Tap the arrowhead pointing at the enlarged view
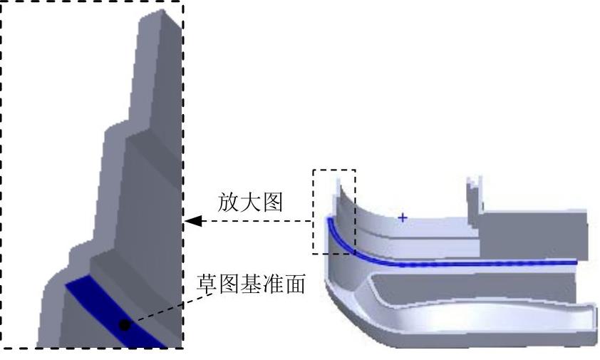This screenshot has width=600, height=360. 192,222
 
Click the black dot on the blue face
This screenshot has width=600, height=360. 125,324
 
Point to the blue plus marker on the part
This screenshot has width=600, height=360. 403,217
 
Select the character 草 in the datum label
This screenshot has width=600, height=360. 207,285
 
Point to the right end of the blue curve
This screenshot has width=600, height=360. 576,262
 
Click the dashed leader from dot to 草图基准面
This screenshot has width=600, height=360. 171,307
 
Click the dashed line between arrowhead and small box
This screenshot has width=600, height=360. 257,222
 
